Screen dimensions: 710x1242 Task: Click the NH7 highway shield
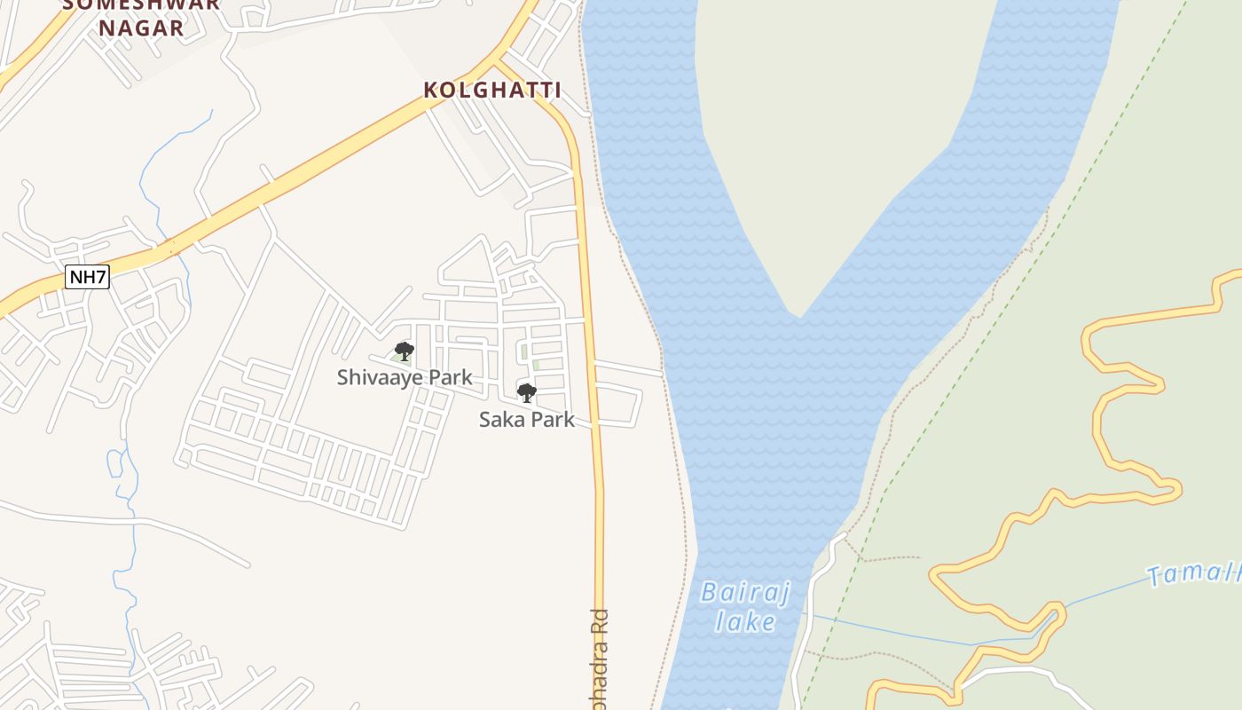click(87, 277)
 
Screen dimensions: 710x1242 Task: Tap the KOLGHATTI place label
click(492, 90)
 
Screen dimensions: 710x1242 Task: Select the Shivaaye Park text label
click(405, 377)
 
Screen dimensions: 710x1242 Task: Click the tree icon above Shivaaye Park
click(405, 351)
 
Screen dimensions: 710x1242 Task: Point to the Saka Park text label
click(527, 420)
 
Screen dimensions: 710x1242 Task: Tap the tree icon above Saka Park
click(527, 392)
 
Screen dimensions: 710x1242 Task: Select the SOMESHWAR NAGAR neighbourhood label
click(142, 16)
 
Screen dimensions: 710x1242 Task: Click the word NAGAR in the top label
click(142, 28)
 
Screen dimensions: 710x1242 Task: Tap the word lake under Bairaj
click(745, 621)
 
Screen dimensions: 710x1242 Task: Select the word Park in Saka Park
click(553, 420)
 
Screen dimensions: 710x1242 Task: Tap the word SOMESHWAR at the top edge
click(142, 4)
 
